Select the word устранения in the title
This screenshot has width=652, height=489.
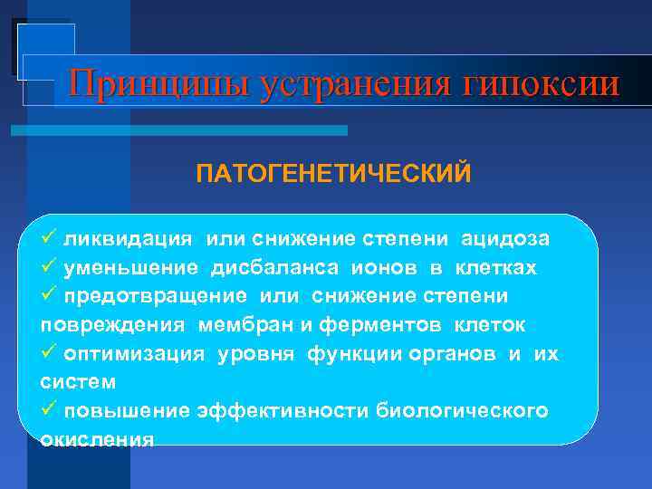[356, 84]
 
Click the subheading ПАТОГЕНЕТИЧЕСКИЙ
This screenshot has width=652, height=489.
[333, 172]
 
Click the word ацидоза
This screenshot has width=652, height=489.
[505, 239]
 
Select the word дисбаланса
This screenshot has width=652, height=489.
[270, 268]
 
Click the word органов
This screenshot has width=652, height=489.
[452, 354]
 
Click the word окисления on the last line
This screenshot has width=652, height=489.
[97, 439]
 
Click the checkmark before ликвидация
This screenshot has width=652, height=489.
[51, 238]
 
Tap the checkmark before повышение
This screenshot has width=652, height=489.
[51, 409]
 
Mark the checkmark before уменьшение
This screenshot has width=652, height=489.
[51, 267]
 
